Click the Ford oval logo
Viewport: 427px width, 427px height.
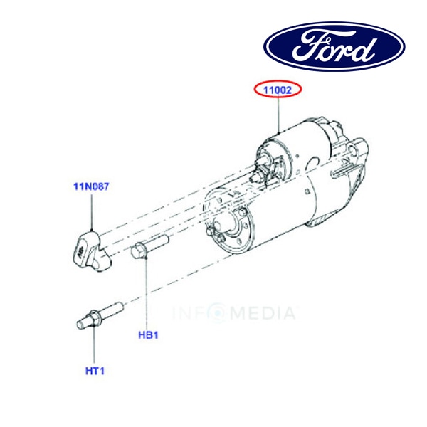334,46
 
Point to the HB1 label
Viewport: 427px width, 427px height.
147,334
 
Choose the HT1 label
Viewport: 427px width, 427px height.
95,370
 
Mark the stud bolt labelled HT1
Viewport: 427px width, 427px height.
98,317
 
